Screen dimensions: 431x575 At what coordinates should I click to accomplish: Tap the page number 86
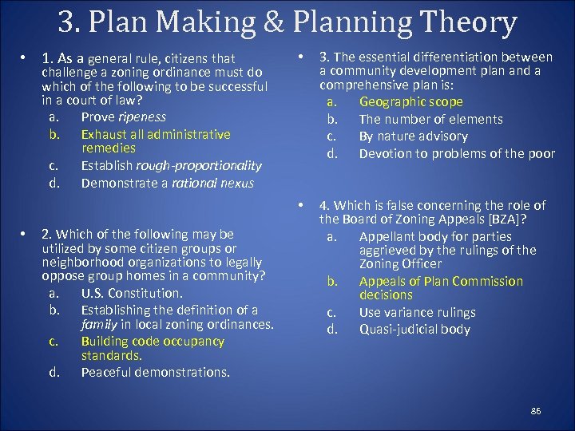pyautogui.click(x=536, y=410)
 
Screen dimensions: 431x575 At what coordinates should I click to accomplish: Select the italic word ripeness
pyautogui.click(x=141, y=117)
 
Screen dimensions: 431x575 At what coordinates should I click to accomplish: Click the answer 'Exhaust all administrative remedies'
pyautogui.click(x=155, y=140)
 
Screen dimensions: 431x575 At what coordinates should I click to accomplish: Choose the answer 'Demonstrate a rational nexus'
pyautogui.click(x=167, y=183)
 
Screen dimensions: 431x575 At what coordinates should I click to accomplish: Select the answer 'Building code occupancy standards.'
pyautogui.click(x=153, y=348)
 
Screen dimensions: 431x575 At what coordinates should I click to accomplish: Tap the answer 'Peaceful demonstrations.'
pyautogui.click(x=155, y=372)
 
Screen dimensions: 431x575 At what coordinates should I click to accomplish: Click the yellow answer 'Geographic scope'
pyautogui.click(x=410, y=102)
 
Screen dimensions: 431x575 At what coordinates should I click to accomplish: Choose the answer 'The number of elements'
pyautogui.click(x=430, y=119)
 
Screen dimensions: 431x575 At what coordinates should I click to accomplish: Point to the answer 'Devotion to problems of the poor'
pyautogui.click(x=456, y=153)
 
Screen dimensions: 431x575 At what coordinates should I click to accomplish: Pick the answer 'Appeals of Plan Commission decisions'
pyautogui.click(x=441, y=288)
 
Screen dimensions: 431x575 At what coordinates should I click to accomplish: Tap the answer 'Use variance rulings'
pyautogui.click(x=417, y=313)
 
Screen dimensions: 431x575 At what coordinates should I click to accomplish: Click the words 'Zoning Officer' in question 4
pyautogui.click(x=400, y=264)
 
